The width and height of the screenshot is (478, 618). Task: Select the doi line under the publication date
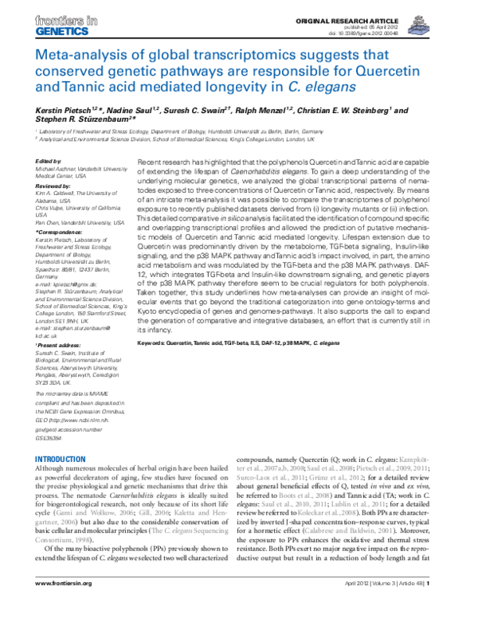(x=413, y=32)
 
